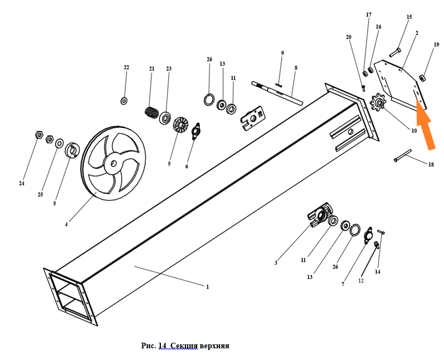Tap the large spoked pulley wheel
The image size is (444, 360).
click(x=113, y=164)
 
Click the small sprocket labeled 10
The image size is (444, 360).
click(x=379, y=103)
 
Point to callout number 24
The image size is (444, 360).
click(x=22, y=183)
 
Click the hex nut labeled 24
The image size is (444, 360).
click(x=39, y=135)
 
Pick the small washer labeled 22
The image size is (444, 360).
click(x=124, y=100)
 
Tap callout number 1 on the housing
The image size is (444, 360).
click(x=207, y=287)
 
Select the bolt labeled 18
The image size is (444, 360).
click(x=402, y=155)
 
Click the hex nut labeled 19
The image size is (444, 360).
click(x=423, y=77)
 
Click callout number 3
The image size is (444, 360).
click(x=275, y=262)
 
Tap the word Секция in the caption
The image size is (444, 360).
click(x=184, y=345)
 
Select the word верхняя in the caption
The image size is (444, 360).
click(x=214, y=345)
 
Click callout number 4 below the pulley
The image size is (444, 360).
click(x=66, y=225)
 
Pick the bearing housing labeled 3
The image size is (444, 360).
click(x=319, y=217)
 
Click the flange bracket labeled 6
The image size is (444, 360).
click(x=195, y=131)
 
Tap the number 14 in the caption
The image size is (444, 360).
click(x=163, y=345)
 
